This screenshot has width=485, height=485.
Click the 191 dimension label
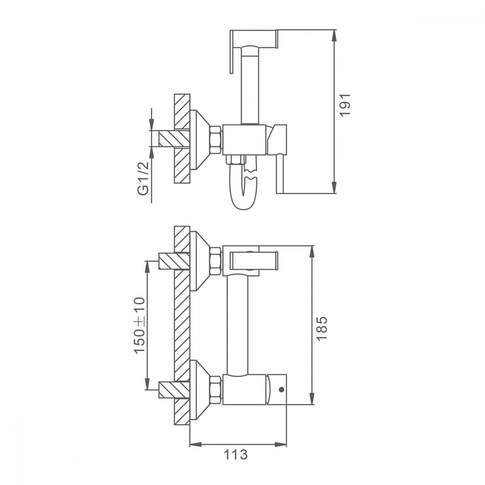[x=345, y=105]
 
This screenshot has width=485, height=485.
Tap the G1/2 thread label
[x=143, y=178]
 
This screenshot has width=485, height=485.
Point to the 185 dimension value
[x=322, y=328]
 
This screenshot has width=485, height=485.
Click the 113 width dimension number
[x=236, y=454]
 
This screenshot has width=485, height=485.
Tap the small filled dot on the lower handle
[x=281, y=389]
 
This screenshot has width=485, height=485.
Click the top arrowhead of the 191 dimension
[x=334, y=36]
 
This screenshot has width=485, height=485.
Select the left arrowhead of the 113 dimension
[x=195, y=444]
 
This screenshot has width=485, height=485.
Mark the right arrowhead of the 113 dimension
[x=280, y=444]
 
